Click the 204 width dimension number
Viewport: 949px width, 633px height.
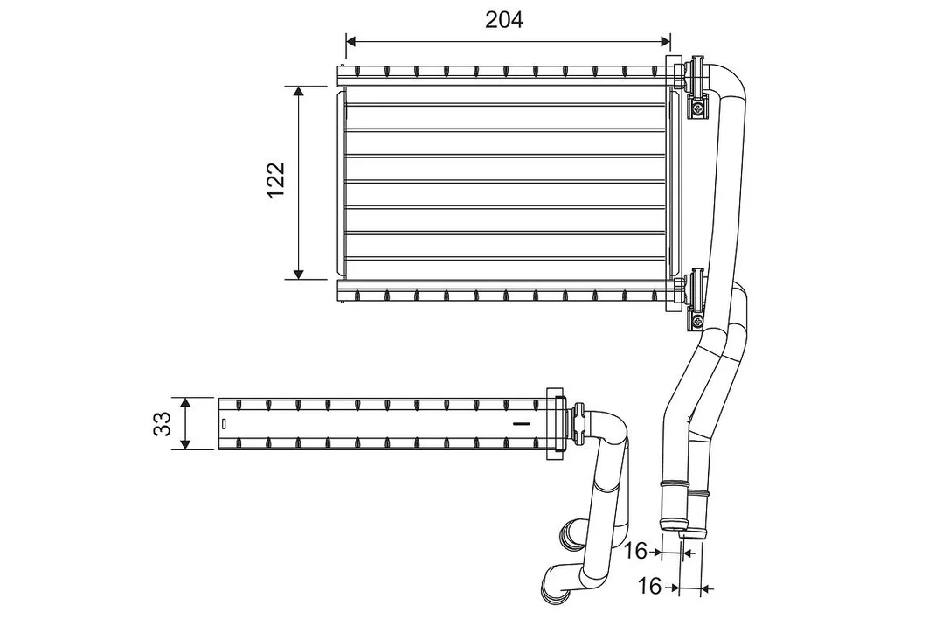click(504, 20)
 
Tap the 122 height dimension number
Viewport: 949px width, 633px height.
click(276, 180)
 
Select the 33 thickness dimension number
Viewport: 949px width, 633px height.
click(163, 424)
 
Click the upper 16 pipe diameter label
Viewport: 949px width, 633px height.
click(635, 551)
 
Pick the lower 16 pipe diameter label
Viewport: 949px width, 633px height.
click(649, 586)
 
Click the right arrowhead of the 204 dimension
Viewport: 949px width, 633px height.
click(665, 41)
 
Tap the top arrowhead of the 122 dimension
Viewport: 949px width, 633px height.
click(298, 92)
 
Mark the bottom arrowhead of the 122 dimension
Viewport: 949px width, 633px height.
click(298, 274)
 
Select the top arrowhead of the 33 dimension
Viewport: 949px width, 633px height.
click(186, 403)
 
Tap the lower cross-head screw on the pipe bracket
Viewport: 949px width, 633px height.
click(699, 320)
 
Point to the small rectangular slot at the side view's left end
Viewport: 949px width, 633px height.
click(224, 423)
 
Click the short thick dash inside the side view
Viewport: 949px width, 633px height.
click(521, 423)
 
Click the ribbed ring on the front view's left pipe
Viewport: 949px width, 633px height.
click(673, 484)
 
